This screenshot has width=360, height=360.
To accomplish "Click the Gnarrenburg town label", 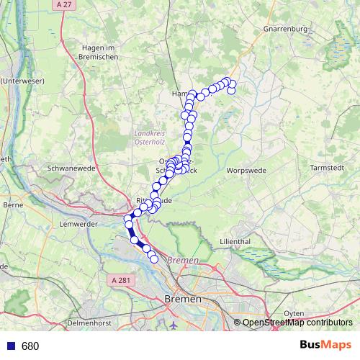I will point(285,29).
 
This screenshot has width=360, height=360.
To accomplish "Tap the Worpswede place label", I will point(247,171).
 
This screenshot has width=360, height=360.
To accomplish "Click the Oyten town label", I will point(294,313).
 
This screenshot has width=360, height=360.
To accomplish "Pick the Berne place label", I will point(14,205).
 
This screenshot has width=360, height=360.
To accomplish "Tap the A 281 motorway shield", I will point(122,279).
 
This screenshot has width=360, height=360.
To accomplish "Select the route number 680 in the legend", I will point(30,346).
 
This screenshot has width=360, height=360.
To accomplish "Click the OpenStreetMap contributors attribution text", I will point(297,323).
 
